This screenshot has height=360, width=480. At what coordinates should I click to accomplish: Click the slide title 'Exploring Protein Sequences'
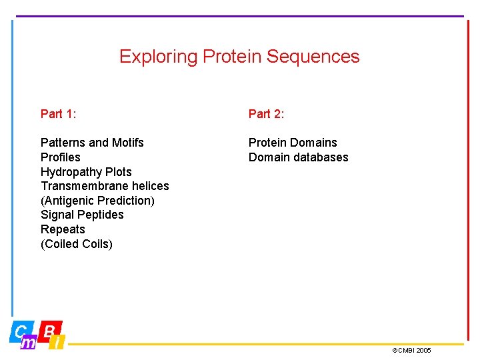click(239, 57)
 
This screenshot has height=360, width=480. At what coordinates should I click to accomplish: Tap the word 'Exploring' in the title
click(158, 57)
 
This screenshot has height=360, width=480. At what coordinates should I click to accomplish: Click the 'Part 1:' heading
click(59, 114)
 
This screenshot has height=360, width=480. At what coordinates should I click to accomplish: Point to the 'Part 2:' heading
click(267, 114)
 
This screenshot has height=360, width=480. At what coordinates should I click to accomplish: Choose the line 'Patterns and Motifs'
click(92, 143)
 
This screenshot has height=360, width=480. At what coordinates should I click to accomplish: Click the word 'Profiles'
click(61, 157)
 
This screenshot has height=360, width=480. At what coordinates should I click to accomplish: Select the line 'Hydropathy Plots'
click(86, 172)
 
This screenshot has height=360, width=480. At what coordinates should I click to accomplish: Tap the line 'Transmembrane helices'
click(105, 186)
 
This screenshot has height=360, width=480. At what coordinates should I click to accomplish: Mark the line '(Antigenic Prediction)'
click(97, 201)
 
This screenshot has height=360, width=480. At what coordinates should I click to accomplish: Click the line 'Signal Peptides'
click(82, 215)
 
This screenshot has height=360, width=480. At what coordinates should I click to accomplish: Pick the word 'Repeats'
click(63, 229)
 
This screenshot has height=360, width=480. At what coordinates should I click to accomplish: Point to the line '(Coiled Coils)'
click(77, 244)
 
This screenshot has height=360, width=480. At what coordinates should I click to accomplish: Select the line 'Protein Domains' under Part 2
click(293, 143)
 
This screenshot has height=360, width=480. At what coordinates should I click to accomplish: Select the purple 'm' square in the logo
click(29, 343)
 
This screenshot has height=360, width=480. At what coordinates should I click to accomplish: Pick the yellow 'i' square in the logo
click(58, 343)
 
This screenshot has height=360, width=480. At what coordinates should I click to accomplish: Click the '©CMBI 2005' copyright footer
click(411, 351)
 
